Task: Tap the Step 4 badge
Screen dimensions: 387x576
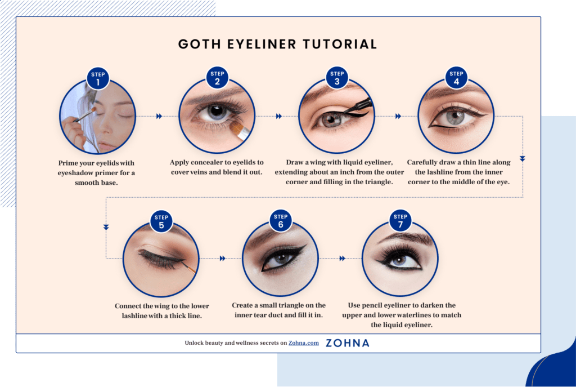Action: [456, 79]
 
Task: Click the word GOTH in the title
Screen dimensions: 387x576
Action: [197, 45]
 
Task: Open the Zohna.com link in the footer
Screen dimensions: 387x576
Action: [304, 342]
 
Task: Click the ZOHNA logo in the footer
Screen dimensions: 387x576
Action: [347, 342]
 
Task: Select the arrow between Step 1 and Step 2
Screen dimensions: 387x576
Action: [159, 116]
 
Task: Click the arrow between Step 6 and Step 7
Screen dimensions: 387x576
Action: [342, 259]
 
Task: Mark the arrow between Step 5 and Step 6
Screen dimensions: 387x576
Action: [223, 259]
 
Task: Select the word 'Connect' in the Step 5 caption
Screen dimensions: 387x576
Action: [130, 306]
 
